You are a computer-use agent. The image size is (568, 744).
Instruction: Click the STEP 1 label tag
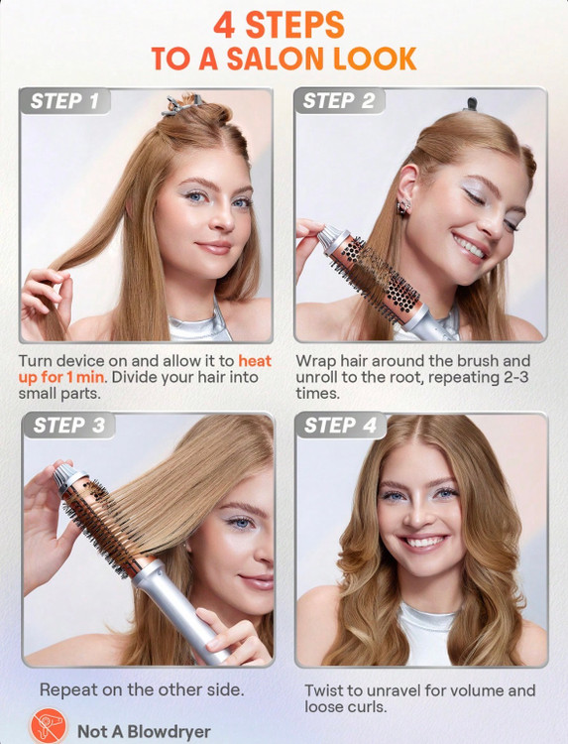click(x=65, y=101)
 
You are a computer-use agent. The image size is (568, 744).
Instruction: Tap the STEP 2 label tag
click(x=339, y=100)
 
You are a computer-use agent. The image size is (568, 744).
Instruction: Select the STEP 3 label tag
click(x=68, y=426)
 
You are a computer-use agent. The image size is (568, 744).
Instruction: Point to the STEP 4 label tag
click(x=340, y=426)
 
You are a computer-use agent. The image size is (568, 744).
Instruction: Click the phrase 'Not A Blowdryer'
click(x=144, y=731)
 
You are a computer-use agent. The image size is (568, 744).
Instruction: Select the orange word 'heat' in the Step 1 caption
click(x=255, y=361)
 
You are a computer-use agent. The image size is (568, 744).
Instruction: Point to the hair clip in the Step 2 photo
click(x=471, y=103)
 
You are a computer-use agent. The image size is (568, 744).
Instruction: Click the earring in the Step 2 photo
click(x=404, y=207)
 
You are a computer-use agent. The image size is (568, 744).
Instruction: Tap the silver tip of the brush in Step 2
click(x=329, y=236)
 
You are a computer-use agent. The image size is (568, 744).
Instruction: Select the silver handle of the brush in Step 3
click(x=180, y=613)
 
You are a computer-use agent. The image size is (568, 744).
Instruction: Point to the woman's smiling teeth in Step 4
click(x=423, y=542)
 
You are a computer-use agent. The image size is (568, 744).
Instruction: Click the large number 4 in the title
click(x=224, y=25)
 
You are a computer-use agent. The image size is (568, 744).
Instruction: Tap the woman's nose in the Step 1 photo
click(x=222, y=217)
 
